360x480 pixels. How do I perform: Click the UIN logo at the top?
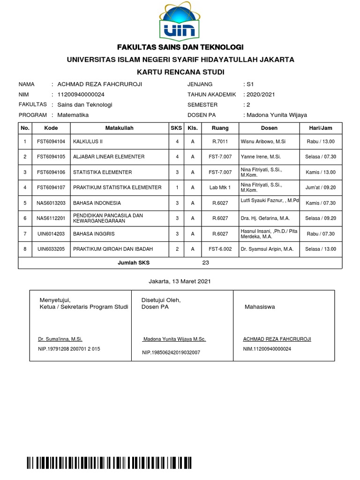[180, 21]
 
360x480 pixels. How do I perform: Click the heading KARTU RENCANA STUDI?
[180, 72]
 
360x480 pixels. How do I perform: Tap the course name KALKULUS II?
[88, 142]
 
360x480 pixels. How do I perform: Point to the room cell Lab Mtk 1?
[220, 187]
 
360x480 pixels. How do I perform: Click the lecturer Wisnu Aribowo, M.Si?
[262, 142]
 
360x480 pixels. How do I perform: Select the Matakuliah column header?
[120, 128]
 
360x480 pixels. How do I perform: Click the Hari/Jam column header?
[321, 128]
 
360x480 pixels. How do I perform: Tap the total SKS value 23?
[205, 263]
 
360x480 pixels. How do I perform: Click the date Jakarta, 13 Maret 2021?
[180, 281]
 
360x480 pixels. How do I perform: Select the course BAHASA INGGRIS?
[94, 233]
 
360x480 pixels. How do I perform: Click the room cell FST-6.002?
[220, 249]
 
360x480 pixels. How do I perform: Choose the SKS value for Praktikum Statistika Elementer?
[177, 187]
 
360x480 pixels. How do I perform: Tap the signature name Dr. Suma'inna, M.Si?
[60, 339]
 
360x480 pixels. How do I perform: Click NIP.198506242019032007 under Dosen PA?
[171, 352]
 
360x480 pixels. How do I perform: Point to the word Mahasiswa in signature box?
[260, 307]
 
